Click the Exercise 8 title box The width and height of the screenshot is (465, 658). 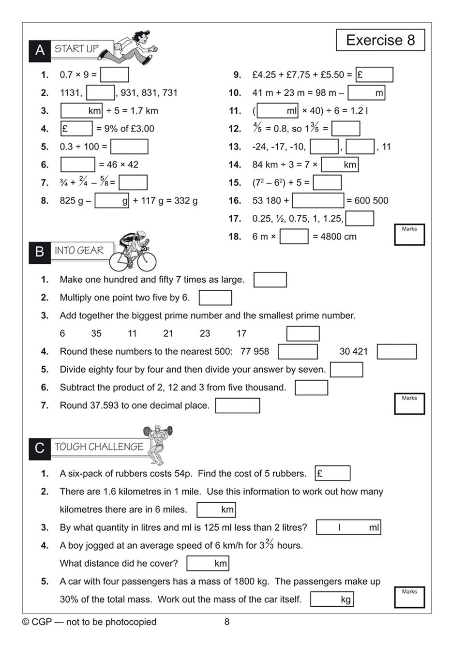tap(380, 40)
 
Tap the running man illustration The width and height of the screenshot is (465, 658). tap(135, 47)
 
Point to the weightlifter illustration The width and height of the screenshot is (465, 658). tap(158, 444)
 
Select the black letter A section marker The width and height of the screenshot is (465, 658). tap(40, 50)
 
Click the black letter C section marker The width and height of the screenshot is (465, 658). tap(40, 448)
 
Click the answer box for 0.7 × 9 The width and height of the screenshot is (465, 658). tap(114, 75)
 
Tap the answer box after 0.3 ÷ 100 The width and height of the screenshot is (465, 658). tap(129, 147)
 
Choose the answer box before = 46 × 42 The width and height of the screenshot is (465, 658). tap(77, 164)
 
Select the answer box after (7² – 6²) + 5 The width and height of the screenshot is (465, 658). tap(327, 182)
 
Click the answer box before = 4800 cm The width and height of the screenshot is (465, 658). tap(294, 237)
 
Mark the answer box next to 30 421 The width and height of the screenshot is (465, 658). tap(396, 352)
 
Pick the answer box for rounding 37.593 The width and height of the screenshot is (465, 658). tap(237, 405)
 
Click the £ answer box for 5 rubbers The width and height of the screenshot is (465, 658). tap(332, 473)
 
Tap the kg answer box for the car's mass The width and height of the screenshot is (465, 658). tap(332, 599)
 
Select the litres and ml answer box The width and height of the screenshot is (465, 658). tap(348, 527)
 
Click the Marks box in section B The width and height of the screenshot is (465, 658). tap(409, 404)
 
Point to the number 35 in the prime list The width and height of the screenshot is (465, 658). tap(96, 333)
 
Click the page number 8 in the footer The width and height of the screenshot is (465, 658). tap(227, 622)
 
